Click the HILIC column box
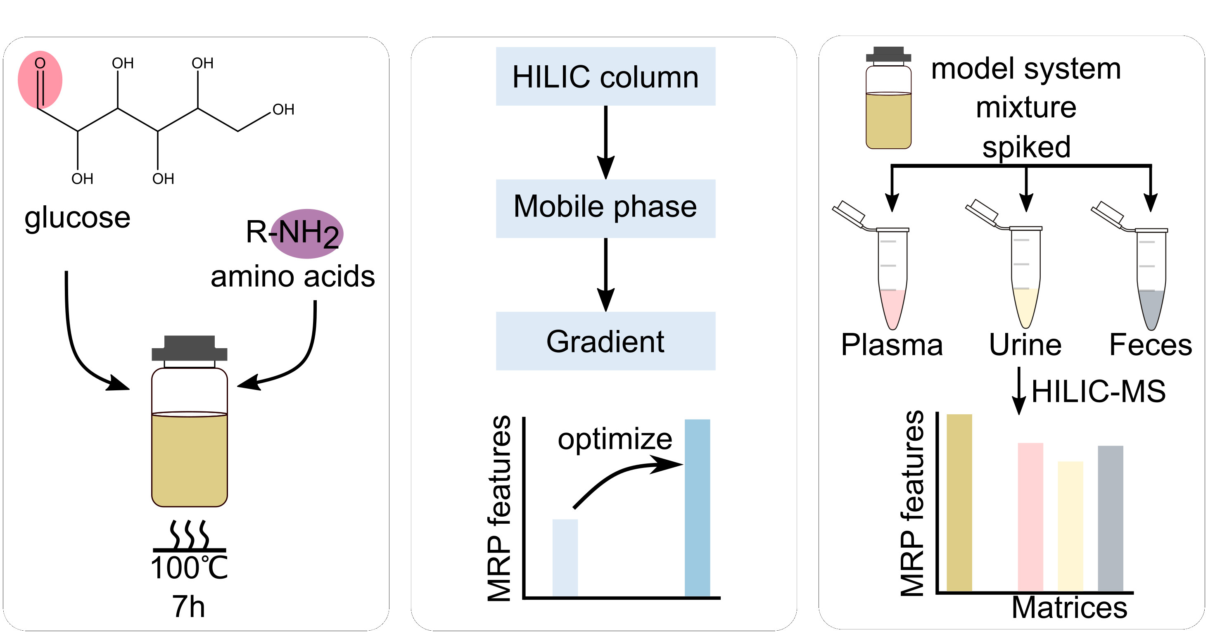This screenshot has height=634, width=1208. [605, 76]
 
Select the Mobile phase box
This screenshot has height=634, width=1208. [605, 208]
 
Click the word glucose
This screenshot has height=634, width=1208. [77, 218]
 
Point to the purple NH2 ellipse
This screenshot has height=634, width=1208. [307, 233]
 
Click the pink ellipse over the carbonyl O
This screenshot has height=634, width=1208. [40, 80]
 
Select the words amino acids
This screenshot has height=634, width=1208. [293, 276]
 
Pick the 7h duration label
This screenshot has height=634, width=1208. [188, 606]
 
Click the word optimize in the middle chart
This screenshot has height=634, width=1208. [614, 439]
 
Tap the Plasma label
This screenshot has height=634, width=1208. [892, 345]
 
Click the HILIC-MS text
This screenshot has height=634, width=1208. [1098, 391]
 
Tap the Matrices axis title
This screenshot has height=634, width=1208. [1069, 608]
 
